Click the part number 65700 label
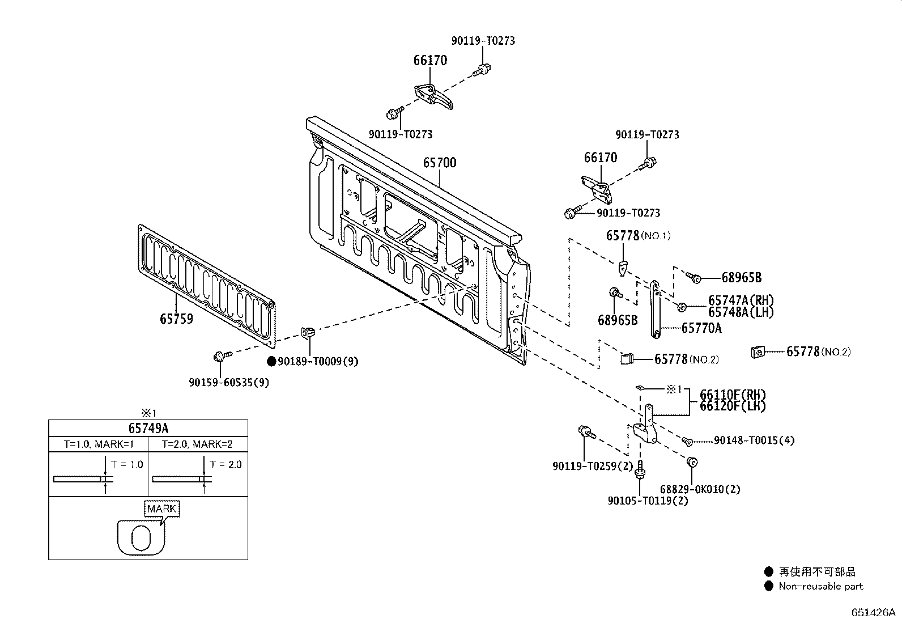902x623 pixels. (x=440, y=163)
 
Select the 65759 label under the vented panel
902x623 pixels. (x=176, y=319)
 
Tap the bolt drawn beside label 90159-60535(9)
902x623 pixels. (x=220, y=356)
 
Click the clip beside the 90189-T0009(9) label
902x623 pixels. (x=308, y=333)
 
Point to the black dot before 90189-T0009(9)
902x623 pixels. (x=271, y=361)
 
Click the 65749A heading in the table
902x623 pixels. (x=148, y=428)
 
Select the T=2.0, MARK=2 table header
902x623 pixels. (x=197, y=444)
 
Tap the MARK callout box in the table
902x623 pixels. (x=162, y=508)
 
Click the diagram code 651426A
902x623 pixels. (x=873, y=612)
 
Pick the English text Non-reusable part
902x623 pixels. (x=820, y=586)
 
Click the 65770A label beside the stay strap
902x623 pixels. (x=701, y=328)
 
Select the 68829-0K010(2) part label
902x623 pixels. (x=700, y=489)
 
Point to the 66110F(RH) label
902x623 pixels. (x=733, y=395)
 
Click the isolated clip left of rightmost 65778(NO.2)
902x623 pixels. (x=756, y=352)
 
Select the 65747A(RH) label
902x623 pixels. (x=741, y=300)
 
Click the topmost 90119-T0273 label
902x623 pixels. (x=483, y=41)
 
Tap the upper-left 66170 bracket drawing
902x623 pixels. (x=435, y=95)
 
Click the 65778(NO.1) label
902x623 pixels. (x=638, y=235)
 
